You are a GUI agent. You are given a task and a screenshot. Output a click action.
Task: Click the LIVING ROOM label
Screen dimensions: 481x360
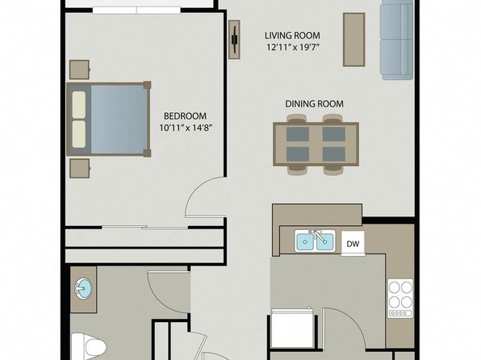point(292,36)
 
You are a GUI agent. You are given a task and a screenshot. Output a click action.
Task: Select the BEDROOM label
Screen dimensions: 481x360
point(185,116)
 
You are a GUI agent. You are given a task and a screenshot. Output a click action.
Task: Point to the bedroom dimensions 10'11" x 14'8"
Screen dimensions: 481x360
point(186,128)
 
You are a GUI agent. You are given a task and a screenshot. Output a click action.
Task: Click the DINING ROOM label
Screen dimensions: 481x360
point(315,104)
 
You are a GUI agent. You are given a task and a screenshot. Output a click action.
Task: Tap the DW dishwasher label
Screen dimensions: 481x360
point(353,244)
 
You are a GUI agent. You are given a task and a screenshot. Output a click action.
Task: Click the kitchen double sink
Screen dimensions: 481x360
point(315,241)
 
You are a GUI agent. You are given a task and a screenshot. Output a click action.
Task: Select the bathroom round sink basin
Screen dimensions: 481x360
point(83,288)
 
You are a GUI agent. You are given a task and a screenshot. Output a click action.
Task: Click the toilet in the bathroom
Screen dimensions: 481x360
point(88,347)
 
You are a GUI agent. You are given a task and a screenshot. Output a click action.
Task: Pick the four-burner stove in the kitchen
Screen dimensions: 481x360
point(400,298)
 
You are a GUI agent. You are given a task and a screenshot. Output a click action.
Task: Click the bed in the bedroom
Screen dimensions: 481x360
point(109,119)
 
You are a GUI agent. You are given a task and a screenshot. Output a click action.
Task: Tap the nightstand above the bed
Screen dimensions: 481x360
point(79,69)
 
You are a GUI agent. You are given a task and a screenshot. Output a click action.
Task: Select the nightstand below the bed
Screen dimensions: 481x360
point(79,168)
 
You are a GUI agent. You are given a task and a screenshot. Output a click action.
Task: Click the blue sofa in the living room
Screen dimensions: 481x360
point(396,40)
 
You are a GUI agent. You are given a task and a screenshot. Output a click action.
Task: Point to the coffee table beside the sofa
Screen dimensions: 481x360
point(354,40)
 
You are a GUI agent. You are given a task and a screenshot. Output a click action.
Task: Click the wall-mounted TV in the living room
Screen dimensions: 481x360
point(235,40)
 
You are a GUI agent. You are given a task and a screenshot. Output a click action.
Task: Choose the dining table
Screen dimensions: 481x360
point(316,144)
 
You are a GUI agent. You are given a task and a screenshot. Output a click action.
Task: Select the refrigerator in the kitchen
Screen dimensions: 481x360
point(291,328)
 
